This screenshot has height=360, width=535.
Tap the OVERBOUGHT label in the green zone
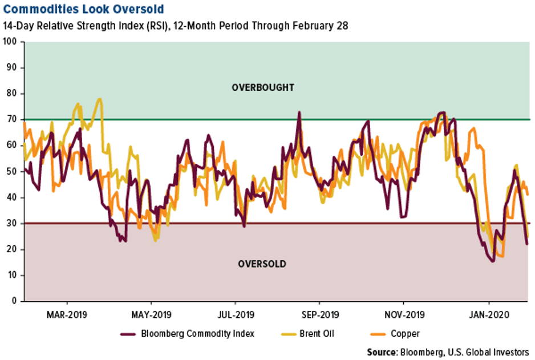tap(263, 88)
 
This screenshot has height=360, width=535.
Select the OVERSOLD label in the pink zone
tap(262, 264)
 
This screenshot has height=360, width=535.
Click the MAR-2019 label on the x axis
tap(67, 314)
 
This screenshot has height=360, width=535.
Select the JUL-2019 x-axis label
tap(236, 314)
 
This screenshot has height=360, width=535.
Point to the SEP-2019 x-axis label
tap(319, 314)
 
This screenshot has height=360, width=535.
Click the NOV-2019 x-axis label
tap(403, 314)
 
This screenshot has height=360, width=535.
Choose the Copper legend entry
tap(405, 334)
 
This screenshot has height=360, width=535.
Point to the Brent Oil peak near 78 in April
tap(100, 99)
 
